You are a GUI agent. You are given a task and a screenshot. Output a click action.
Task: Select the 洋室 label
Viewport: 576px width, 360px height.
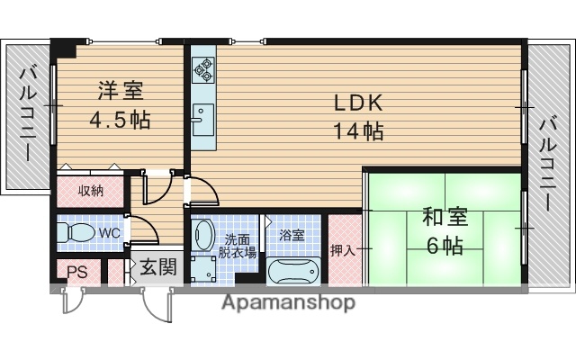point(119,91)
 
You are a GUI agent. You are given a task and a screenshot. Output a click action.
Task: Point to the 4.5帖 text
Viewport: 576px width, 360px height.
point(119,119)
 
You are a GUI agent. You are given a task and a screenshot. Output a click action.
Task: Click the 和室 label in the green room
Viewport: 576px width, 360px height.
point(444,217)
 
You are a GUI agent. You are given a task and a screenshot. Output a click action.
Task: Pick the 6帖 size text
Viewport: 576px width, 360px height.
point(444,245)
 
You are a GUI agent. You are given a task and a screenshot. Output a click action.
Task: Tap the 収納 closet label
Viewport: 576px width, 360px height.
point(90,191)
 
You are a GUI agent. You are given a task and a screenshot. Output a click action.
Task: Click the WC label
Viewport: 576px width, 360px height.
point(109,233)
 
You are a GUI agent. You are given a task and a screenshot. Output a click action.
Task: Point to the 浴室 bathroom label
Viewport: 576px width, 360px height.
point(291,234)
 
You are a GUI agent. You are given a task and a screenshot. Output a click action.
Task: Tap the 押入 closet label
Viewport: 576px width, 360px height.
point(342,250)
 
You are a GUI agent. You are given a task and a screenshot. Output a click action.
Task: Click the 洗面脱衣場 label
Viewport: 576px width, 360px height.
point(240,246)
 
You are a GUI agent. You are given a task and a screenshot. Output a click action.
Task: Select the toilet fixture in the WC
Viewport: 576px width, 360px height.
point(76,233)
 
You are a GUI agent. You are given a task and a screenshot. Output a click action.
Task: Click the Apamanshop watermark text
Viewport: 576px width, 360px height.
point(288,302)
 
